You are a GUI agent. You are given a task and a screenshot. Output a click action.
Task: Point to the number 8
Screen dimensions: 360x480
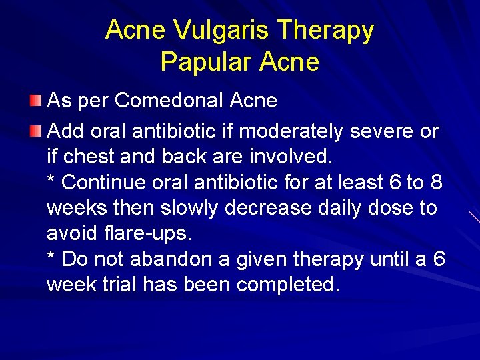(x=437, y=182)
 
